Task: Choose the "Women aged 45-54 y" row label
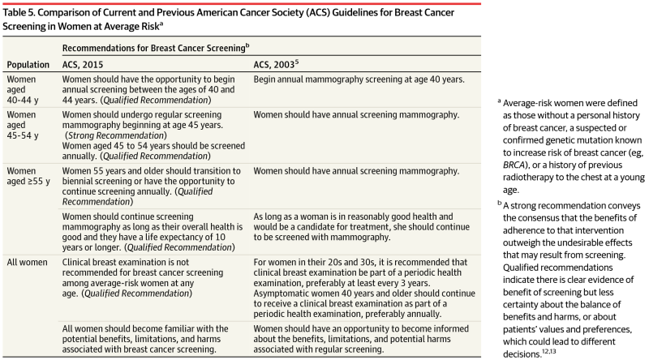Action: [x=23, y=126]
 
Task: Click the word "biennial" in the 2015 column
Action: [x=75, y=181]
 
